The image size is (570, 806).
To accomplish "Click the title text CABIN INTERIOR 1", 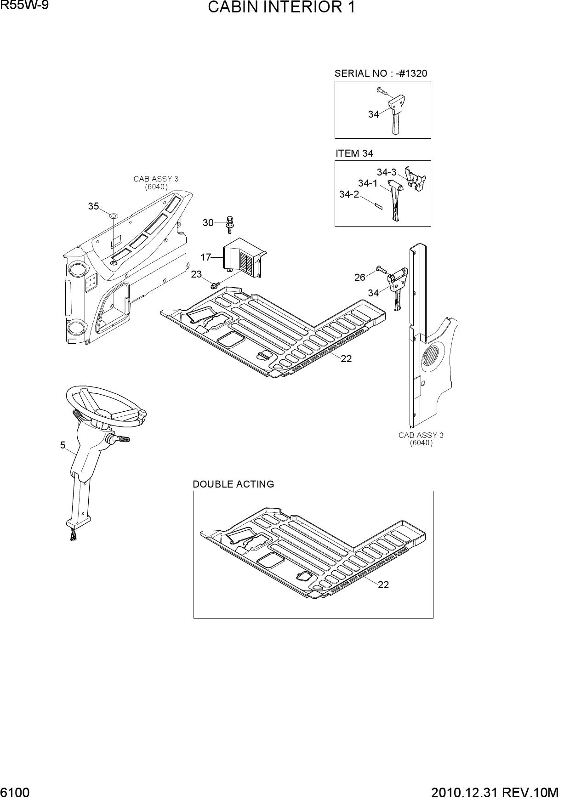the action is (x=281, y=8).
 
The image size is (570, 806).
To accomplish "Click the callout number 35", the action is (x=93, y=206).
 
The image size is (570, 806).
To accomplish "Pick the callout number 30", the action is (x=208, y=223).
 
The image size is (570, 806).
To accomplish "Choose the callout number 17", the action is (x=205, y=257).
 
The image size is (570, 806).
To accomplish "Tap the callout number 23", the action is (x=196, y=274).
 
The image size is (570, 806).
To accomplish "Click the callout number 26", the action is (x=360, y=277).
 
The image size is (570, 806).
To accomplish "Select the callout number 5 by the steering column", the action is (x=63, y=445).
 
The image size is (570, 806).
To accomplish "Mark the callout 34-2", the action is (x=349, y=194).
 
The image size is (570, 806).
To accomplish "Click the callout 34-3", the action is (x=387, y=172).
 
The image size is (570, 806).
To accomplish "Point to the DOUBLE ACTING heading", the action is (x=233, y=484).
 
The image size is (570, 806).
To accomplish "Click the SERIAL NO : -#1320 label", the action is (x=381, y=74).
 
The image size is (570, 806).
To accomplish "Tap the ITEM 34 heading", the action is (x=354, y=153).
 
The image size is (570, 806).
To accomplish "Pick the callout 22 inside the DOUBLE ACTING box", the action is (x=383, y=585).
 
